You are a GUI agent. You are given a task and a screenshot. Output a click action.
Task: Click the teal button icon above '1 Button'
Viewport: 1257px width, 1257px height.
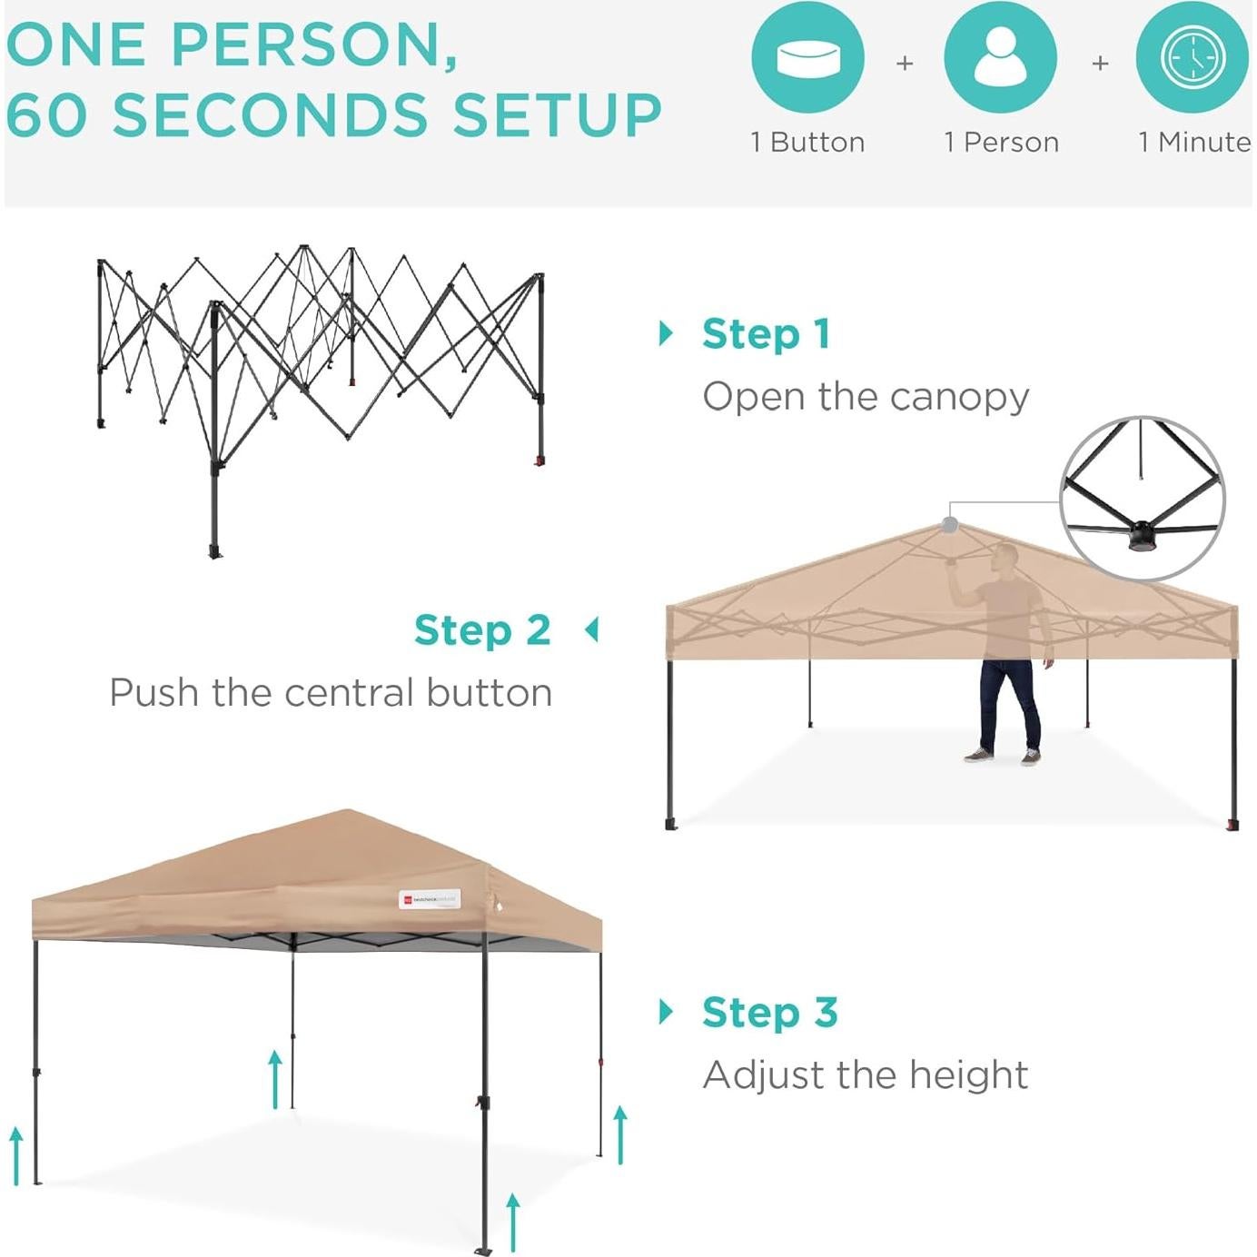[x=807, y=58]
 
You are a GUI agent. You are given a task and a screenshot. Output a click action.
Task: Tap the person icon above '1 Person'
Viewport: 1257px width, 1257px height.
[x=1000, y=58]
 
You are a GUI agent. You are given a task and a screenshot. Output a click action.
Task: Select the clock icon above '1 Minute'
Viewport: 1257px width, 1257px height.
[x=1193, y=58]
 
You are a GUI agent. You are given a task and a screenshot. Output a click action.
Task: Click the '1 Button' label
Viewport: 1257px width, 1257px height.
[x=807, y=143]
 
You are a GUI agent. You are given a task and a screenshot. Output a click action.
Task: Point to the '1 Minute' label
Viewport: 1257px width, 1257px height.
[x=1194, y=143]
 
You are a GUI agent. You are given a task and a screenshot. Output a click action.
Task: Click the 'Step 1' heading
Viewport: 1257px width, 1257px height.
[x=767, y=334]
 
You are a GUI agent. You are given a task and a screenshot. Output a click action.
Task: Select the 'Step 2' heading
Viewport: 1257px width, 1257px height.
[x=482, y=630]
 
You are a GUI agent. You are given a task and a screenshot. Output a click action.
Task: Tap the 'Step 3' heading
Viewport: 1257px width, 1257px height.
[x=769, y=1013]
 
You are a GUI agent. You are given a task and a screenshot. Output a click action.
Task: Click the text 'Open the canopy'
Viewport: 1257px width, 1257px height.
[x=866, y=397]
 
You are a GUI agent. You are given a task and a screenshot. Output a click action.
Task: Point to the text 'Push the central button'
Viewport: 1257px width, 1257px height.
[x=331, y=693]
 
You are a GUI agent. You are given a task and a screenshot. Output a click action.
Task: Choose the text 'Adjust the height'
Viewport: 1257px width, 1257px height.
[x=865, y=1075]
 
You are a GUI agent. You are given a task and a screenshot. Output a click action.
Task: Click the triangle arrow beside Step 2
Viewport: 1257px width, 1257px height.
[x=592, y=629]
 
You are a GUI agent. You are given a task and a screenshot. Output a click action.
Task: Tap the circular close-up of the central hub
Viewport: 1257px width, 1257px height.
[x=1143, y=498]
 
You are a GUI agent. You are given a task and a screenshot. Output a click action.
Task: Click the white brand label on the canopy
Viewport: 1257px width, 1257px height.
[x=431, y=899]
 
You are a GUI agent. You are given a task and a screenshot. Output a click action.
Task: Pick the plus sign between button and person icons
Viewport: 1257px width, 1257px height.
[x=905, y=64]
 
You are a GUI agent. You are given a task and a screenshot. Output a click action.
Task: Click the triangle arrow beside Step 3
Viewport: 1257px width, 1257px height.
[x=667, y=1012]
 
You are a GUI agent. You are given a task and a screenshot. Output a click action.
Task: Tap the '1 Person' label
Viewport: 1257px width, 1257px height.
[x=1001, y=143]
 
